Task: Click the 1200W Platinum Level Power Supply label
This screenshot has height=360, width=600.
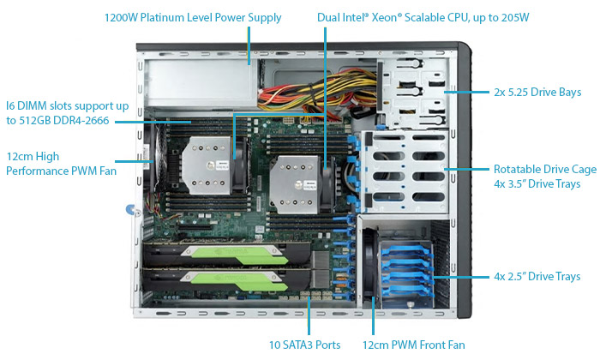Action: [193, 18]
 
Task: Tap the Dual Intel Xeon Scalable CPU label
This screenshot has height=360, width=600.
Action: [423, 18]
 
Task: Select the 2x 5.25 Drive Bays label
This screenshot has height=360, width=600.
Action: [537, 93]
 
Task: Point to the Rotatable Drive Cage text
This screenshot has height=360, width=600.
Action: [545, 169]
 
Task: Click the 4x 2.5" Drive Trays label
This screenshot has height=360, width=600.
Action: [537, 276]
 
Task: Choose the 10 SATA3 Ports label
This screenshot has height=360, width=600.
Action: [304, 345]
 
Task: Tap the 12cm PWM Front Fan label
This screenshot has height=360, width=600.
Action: [414, 345]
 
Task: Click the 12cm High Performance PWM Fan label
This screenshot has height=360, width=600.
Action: [61, 164]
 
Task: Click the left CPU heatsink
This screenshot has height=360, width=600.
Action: [206, 165]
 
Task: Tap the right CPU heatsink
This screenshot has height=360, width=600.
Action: [294, 184]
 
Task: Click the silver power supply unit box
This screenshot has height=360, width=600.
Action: [201, 82]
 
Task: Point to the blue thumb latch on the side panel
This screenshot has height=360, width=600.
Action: [131, 210]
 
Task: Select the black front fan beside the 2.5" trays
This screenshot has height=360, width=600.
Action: [369, 264]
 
